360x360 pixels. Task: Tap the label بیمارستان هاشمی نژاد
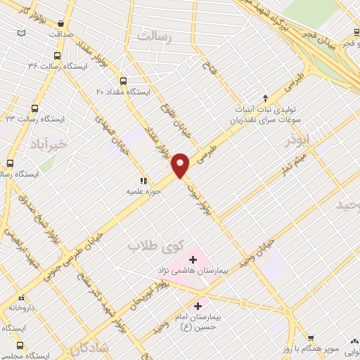192,271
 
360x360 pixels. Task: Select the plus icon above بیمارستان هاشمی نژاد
193,259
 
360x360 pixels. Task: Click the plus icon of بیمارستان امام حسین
198,306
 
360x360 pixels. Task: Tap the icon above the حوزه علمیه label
144,181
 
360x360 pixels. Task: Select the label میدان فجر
321,33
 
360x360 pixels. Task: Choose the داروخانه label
26,308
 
